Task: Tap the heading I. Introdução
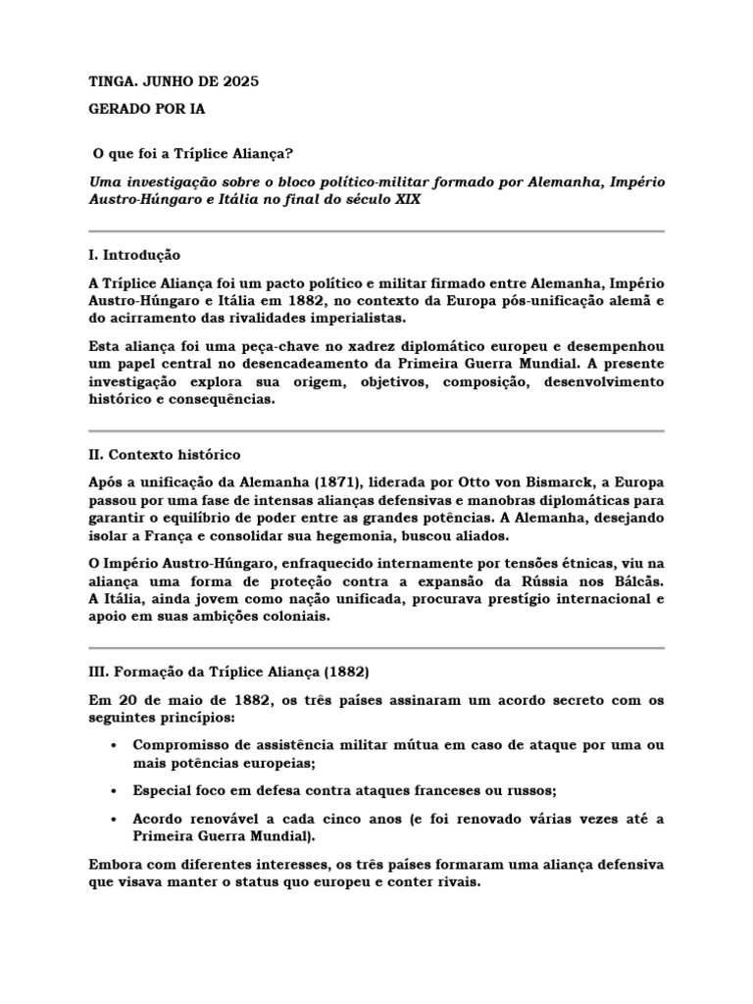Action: click(x=133, y=255)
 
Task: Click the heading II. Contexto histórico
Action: click(x=164, y=455)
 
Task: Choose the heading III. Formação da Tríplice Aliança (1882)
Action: click(x=228, y=672)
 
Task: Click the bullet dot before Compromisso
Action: click(x=115, y=744)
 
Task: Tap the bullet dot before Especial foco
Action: click(x=115, y=789)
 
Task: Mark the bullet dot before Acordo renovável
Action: click(x=115, y=819)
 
